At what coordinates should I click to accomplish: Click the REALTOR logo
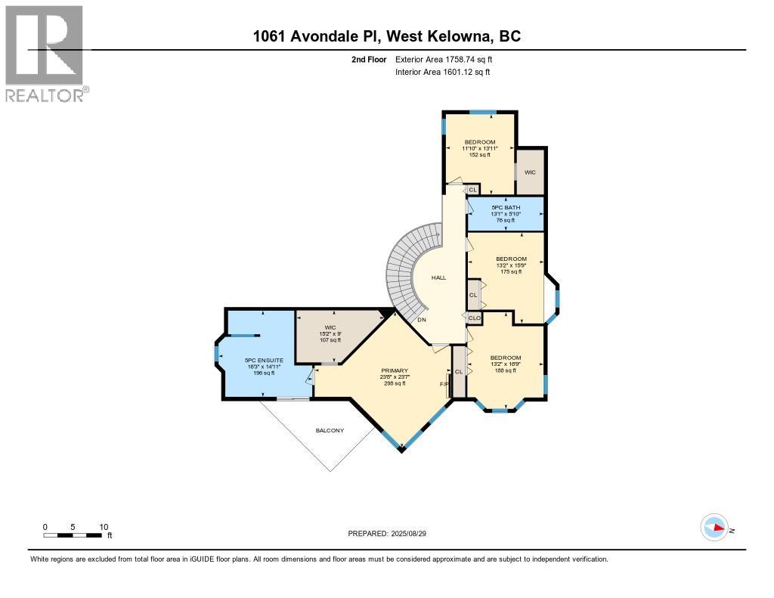(45, 53)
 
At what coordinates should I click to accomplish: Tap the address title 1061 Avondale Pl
(386, 36)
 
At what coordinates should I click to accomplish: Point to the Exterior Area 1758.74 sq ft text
(446, 59)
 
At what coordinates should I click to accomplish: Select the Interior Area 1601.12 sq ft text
(443, 73)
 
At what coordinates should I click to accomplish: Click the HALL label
(438, 277)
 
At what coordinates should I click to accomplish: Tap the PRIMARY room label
(394, 370)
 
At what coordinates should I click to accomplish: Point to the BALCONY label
(330, 431)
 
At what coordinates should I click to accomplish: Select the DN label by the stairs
(421, 320)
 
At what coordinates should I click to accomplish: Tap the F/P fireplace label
(444, 384)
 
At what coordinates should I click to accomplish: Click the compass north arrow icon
(714, 527)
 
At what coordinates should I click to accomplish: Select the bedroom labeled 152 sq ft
(480, 154)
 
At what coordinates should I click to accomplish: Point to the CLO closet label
(475, 318)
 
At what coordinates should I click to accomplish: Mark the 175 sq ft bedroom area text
(511, 271)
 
